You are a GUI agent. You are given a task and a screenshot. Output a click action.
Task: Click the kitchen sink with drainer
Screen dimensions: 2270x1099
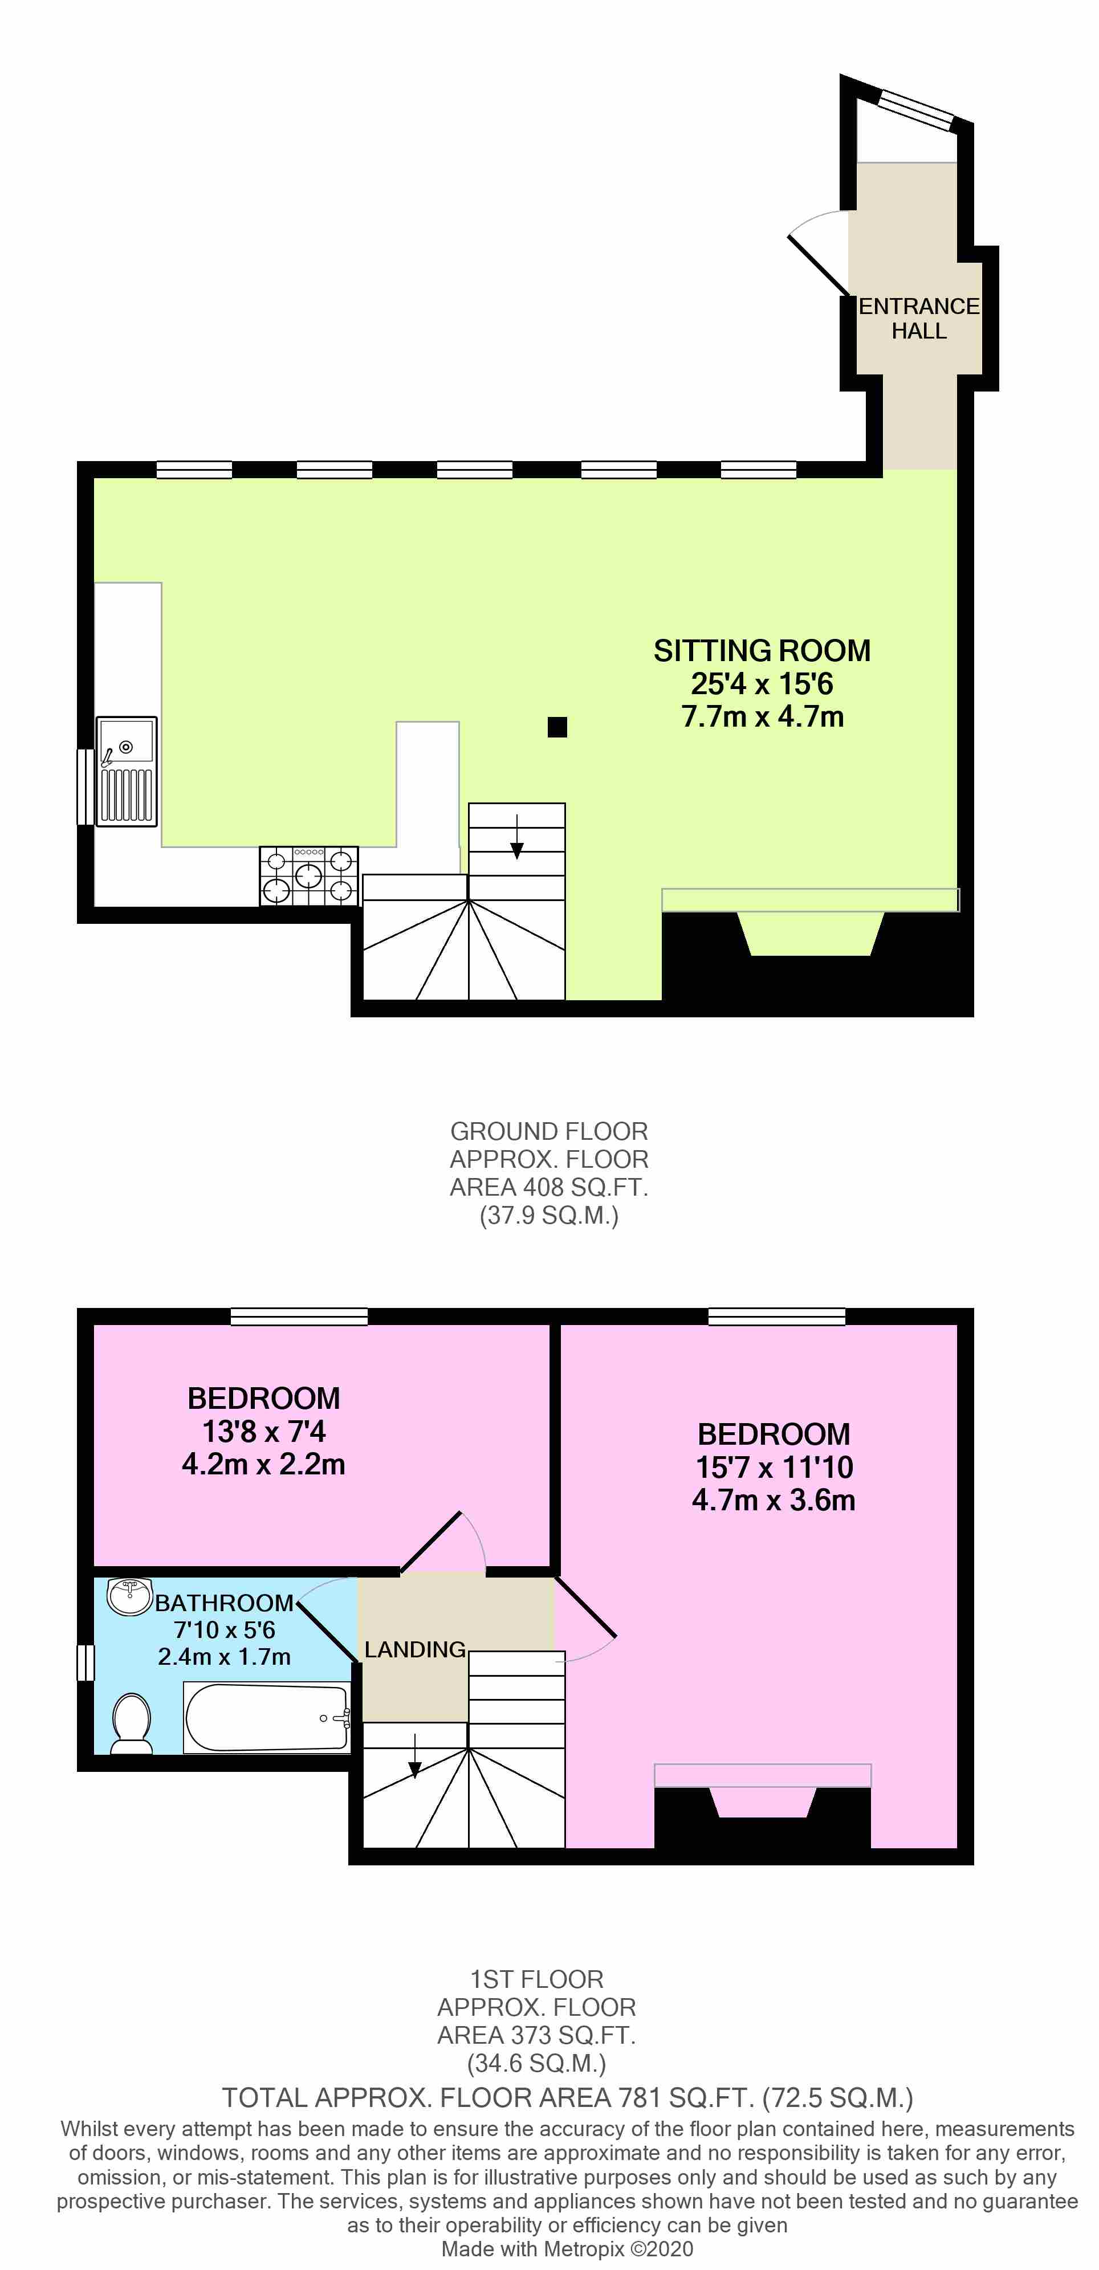(x=127, y=771)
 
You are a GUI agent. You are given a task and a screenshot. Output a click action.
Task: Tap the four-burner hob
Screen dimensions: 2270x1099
(x=308, y=875)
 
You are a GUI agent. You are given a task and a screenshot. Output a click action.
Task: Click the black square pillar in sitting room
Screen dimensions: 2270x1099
(x=557, y=727)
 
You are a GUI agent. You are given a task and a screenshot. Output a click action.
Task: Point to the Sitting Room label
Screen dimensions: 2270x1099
(x=762, y=650)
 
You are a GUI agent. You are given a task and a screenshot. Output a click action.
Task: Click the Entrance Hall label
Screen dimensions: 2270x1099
(x=918, y=318)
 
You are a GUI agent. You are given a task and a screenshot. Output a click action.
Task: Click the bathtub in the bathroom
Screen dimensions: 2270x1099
(x=267, y=1717)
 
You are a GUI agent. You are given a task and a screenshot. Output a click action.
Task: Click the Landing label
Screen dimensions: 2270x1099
(x=414, y=1649)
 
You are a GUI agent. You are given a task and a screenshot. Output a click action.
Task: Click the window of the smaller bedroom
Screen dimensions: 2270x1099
(x=299, y=1317)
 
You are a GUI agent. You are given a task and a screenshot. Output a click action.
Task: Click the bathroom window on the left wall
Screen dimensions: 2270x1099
(x=86, y=1662)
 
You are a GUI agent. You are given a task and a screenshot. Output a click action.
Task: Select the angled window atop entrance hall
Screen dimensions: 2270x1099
(x=917, y=108)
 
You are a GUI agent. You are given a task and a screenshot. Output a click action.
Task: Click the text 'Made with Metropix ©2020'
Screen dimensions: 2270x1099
(x=567, y=2248)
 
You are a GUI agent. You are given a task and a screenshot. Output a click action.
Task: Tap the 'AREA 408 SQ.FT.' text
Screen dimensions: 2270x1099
(x=548, y=1187)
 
